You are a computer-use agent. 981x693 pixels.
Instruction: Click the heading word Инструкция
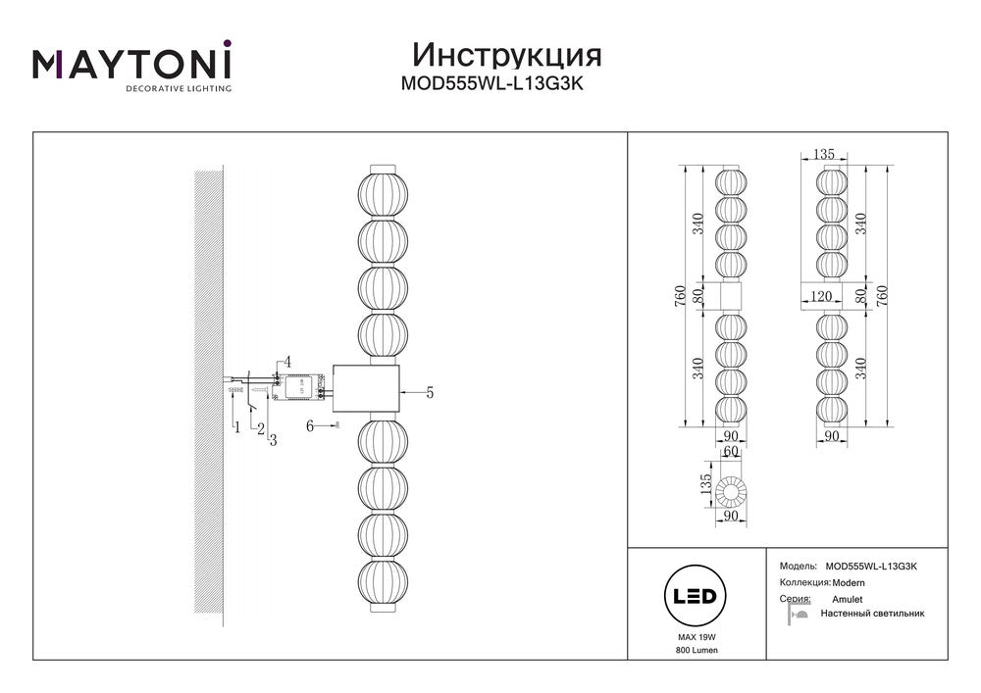[507, 56]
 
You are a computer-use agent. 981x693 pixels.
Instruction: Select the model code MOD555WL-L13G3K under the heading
[491, 83]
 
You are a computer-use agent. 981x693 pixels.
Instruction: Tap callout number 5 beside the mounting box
[430, 392]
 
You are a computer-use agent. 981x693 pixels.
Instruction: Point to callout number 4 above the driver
[287, 361]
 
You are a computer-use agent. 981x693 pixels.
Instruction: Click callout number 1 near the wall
[237, 427]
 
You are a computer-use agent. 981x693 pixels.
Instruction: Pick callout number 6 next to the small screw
[310, 426]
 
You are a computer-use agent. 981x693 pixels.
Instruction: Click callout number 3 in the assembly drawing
[273, 440]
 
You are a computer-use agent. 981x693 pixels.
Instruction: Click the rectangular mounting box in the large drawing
[366, 389]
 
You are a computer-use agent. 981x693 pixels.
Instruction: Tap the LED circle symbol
[695, 596]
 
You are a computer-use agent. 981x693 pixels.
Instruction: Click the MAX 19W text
[697, 637]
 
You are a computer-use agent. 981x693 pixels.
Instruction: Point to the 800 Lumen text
[697, 650]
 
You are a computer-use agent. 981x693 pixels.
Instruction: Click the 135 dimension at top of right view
[823, 154]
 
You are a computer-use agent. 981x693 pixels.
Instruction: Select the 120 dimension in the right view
[821, 296]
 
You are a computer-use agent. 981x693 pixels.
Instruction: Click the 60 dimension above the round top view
[731, 451]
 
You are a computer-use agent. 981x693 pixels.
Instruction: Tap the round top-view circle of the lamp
[731, 491]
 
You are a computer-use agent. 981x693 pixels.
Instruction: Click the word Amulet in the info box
[848, 599]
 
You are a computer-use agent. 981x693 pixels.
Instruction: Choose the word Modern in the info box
[849, 583]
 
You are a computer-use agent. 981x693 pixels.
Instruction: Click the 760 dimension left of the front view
[680, 295]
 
